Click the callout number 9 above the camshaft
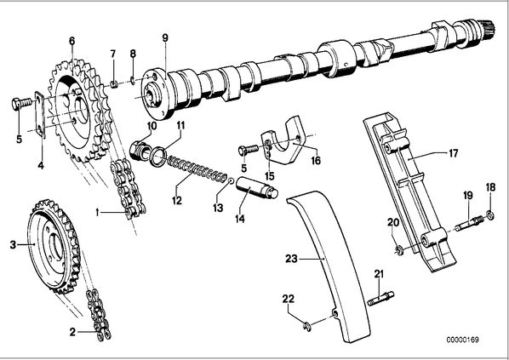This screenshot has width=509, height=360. click(x=165, y=38)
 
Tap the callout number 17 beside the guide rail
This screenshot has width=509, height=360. click(x=453, y=152)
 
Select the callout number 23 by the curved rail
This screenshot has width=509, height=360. click(x=291, y=259)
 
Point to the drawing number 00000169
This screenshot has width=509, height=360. click(x=462, y=340)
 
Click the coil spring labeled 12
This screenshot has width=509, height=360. click(x=197, y=169)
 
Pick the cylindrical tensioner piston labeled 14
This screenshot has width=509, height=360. click(x=257, y=189)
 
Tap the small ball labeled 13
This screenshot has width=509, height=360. click(x=232, y=180)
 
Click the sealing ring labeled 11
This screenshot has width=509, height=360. click(x=158, y=155)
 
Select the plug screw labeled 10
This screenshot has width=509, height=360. click(x=140, y=151)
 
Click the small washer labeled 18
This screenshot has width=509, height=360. click(x=490, y=214)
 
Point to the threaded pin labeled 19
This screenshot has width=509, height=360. click(x=470, y=224)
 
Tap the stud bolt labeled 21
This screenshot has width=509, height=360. click(x=381, y=299)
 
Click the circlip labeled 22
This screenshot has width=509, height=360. click(x=307, y=327)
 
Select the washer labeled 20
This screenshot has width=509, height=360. click(x=399, y=250)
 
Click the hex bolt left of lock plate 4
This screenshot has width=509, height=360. click(x=22, y=103)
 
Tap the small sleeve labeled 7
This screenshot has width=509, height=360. click(x=113, y=85)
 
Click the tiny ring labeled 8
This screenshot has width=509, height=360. click(x=133, y=80)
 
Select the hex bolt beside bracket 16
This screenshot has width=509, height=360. click(x=249, y=150)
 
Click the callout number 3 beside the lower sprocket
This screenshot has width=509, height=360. click(x=13, y=244)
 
